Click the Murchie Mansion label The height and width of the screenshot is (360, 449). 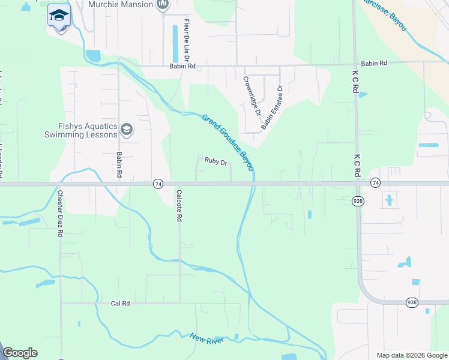[120, 5]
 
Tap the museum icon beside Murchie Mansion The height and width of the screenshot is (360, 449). [163, 5]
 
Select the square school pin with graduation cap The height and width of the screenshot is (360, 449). [59, 15]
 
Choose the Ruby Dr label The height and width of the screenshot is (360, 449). [215, 161]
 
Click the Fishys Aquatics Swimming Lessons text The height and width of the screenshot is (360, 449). [80, 130]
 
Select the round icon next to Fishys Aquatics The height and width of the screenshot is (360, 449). [127, 130]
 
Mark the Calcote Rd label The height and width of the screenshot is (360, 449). [178, 206]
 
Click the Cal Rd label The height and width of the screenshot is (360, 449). [121, 304]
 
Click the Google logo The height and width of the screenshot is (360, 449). [20, 353]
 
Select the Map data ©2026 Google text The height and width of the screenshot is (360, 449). [411, 355]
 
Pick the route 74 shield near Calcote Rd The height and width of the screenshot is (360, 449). [158, 184]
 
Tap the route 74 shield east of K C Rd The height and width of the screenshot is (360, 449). [375, 182]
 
